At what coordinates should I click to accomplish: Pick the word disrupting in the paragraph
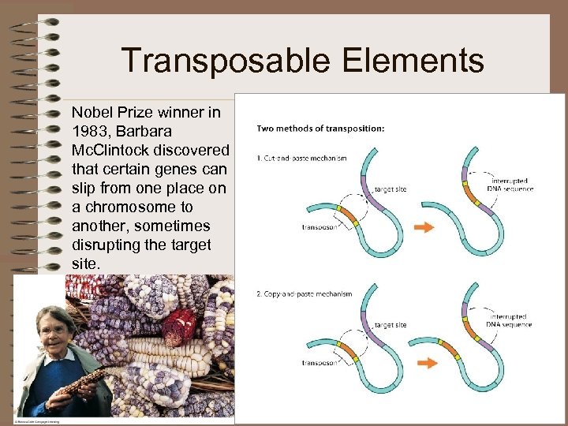click(x=106, y=245)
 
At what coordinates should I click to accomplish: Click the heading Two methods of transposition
click(x=320, y=129)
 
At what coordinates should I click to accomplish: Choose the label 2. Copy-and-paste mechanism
click(x=305, y=294)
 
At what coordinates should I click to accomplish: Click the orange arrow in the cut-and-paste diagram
click(x=424, y=227)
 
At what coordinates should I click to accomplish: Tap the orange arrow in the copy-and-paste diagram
click(x=427, y=364)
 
